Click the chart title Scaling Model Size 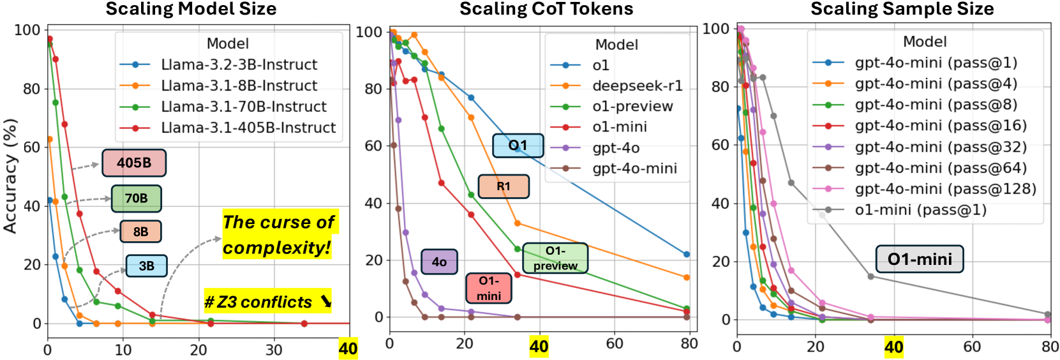(x=191, y=9)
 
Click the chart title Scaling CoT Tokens (x=546, y=9)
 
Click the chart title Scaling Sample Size (x=902, y=9)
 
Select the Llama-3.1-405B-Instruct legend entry (x=248, y=128)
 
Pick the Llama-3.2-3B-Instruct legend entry (x=239, y=64)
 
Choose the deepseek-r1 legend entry (x=637, y=86)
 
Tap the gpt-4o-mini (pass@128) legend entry (x=945, y=189)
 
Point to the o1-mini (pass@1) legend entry (x=920, y=210)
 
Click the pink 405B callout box (x=134, y=163)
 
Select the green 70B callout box (x=136, y=199)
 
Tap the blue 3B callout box (x=146, y=266)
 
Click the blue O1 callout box (x=518, y=146)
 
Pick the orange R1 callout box (x=504, y=186)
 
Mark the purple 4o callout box (x=439, y=262)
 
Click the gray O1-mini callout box (x=919, y=259)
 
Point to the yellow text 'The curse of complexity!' (x=278, y=235)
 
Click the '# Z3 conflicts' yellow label (x=267, y=301)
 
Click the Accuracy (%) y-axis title (x=10, y=176)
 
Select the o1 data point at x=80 (x=687, y=255)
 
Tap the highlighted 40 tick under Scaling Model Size (x=348, y=349)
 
